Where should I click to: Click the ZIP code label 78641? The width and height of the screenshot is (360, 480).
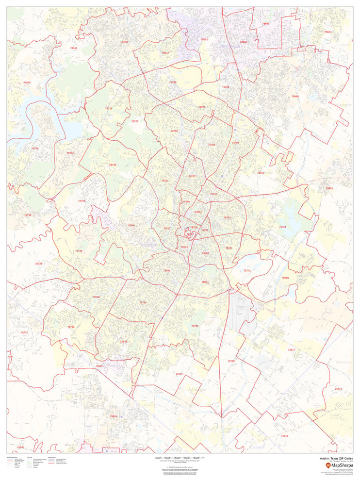73,48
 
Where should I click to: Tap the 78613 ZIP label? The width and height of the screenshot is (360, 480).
124,42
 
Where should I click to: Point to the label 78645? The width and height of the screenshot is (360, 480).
27,83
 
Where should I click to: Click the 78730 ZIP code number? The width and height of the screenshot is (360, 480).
113,165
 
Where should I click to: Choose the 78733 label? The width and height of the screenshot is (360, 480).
81,200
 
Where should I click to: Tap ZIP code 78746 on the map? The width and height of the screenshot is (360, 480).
131,225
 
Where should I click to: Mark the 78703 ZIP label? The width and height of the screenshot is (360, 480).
167,228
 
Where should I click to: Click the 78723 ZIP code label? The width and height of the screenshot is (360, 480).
227,217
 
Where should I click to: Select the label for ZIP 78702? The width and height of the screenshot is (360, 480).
206,253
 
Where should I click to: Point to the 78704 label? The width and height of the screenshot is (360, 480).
167,270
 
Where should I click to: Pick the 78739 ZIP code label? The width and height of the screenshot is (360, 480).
71,327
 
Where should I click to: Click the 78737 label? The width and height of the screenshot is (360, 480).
24,332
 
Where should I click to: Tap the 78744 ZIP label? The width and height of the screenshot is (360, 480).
195,326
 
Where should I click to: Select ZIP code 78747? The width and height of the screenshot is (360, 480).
179,374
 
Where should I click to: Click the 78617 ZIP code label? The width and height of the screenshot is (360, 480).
291,349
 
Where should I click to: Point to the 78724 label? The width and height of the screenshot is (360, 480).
282,227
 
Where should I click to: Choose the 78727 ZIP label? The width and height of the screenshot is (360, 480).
202,107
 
